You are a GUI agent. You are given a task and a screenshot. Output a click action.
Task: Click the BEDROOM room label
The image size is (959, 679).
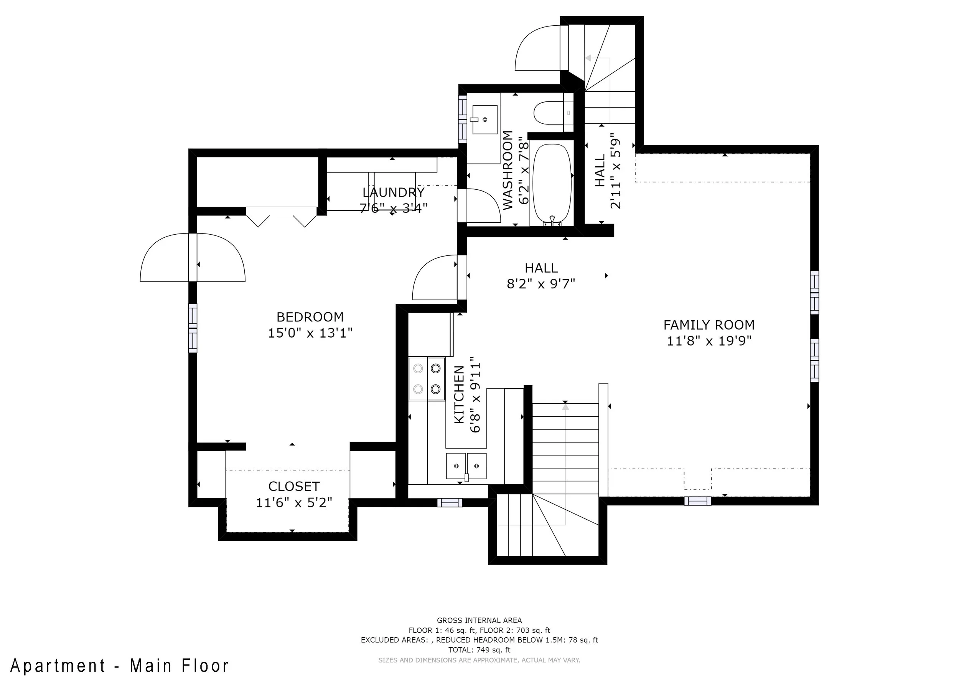pos(310,317)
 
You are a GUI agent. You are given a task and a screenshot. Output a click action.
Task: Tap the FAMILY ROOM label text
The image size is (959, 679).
pos(709,325)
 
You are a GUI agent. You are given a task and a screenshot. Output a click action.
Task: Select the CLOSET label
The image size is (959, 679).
pos(294,486)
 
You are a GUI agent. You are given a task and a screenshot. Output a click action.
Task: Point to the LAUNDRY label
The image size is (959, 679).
pos(394,192)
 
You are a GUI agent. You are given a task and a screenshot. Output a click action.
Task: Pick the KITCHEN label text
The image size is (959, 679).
pos(459,394)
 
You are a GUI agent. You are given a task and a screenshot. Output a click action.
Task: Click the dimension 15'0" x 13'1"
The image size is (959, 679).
pos(310,333)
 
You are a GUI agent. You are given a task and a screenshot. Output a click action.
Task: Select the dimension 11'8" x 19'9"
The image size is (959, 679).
pos(709,341)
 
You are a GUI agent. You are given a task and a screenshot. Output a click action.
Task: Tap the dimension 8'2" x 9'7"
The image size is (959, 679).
pos(541,284)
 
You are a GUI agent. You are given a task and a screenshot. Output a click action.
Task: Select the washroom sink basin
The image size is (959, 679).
pos(484,119)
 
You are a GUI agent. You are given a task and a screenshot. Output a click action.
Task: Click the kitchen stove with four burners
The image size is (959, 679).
pos(427,379)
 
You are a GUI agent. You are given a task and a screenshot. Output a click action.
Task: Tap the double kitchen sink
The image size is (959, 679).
pos(466,466)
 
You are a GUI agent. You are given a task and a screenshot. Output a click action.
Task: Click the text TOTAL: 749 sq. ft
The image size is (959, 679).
pos(479,650)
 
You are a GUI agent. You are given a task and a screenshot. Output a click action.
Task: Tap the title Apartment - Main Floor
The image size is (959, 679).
pos(120,666)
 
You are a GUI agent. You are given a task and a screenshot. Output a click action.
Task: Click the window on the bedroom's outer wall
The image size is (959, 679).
pos(193,328)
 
